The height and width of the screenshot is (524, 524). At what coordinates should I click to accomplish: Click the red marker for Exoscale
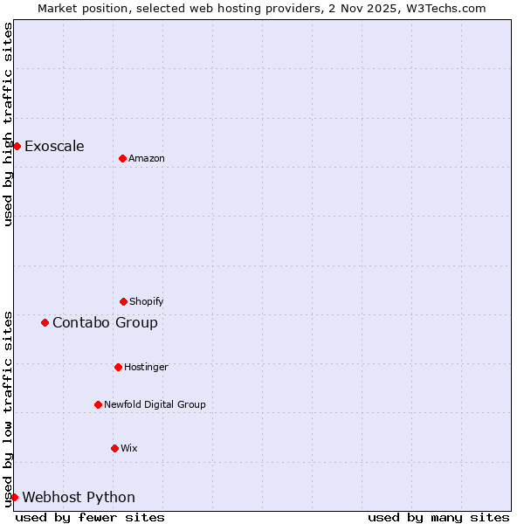coord(17,146)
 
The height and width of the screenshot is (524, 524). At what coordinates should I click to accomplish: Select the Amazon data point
coord(122,158)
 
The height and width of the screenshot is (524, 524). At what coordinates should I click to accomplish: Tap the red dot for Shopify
coord(123,301)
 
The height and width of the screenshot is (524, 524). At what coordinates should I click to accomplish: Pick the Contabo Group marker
coord(45,322)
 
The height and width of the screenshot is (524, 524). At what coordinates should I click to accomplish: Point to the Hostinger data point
coord(118,367)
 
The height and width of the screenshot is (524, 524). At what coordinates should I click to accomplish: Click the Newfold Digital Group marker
coord(98,404)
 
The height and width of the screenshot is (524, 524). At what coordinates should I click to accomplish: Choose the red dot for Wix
coord(114,448)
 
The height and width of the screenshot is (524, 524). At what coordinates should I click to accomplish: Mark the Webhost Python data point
coord(15,497)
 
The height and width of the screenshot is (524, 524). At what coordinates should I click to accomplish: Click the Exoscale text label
coord(54,146)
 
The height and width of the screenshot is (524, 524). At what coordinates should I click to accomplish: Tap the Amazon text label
coord(147,158)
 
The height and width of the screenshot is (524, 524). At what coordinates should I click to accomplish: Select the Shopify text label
coord(147,301)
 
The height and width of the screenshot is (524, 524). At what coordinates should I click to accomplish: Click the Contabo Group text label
coord(105,322)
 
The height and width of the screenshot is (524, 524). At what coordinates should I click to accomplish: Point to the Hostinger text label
coord(146,367)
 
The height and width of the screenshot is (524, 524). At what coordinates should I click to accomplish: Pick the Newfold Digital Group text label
coord(155,404)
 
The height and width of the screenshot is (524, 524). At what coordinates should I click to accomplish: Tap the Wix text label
coord(129,448)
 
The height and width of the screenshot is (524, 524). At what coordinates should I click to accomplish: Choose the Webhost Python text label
coord(79,497)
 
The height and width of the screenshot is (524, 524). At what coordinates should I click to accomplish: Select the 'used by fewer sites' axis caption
coord(90,517)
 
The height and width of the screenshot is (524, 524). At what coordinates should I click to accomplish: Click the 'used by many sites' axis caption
coord(438,517)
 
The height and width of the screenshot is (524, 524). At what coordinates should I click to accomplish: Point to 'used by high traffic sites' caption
coord(8,124)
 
